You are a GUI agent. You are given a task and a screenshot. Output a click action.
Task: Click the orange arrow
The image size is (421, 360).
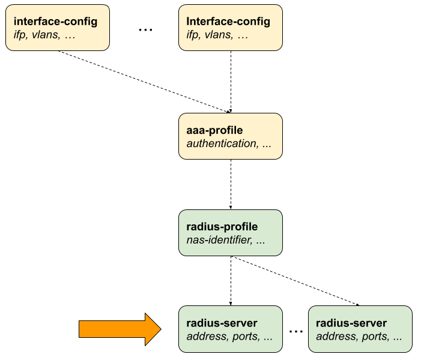[x=117, y=329]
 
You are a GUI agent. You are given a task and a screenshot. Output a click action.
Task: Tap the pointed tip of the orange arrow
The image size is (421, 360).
[x=159, y=329]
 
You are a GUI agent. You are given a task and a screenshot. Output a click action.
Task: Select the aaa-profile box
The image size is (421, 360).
[x=230, y=136]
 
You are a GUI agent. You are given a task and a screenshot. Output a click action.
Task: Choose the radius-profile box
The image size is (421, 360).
[x=230, y=233]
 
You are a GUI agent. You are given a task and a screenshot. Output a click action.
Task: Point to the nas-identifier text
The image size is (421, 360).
[x=219, y=240]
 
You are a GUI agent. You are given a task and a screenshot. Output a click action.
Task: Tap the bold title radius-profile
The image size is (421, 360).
[x=222, y=227]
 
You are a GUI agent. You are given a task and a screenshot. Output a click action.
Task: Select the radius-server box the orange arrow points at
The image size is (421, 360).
[x=230, y=329]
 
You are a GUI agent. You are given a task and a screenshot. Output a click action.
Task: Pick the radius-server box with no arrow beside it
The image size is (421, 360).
[x=360, y=329]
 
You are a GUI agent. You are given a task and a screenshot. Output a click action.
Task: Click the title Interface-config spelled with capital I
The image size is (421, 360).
[x=228, y=22]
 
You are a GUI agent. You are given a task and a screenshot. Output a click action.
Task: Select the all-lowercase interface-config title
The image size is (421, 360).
[x=55, y=22]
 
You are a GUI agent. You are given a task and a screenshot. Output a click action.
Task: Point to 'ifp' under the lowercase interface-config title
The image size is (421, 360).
[x=20, y=35]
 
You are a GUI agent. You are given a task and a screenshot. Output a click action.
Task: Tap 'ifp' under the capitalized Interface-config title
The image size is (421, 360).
[x=193, y=35]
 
